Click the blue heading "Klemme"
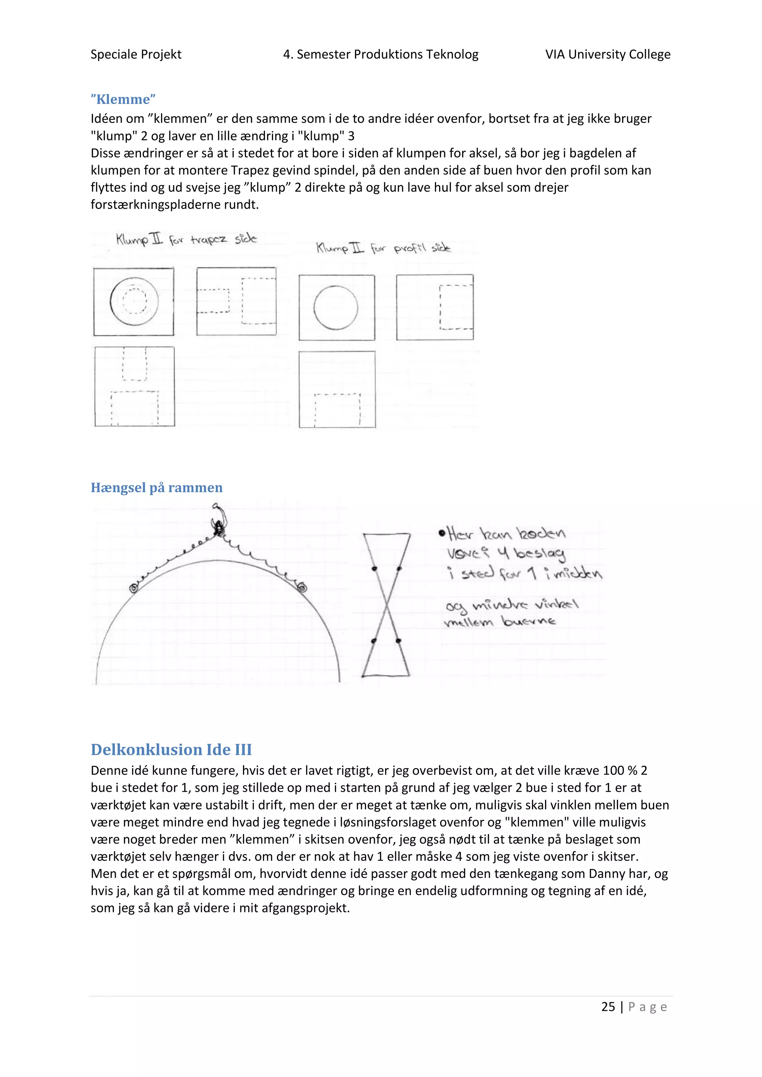click(123, 99)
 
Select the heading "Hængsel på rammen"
click(157, 488)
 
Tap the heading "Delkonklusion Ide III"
click(171, 749)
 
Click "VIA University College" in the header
click(608, 54)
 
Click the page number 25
click(608, 1007)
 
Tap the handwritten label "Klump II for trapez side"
click(186, 240)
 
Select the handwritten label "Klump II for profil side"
click(383, 248)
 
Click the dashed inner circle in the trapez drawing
click(135, 300)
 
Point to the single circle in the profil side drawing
click(336, 308)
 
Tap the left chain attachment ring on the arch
click(134, 588)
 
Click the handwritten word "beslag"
click(540, 554)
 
